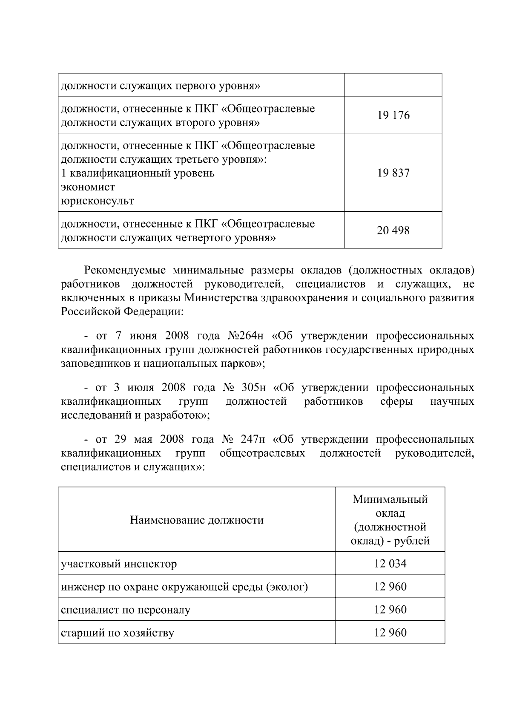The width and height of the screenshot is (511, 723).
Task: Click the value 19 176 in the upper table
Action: coord(393,115)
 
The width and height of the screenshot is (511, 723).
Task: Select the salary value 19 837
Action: coord(393,173)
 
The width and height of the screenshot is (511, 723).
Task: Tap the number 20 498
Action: coord(393,230)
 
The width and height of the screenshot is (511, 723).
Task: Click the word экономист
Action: coord(88,187)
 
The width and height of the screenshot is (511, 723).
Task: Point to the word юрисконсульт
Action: coord(97,201)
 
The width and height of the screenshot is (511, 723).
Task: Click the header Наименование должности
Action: coord(197,520)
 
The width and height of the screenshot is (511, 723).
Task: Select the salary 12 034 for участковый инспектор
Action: coord(390,564)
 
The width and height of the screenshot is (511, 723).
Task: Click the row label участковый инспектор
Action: coord(119,564)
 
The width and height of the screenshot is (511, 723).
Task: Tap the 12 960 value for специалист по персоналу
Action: coord(390,610)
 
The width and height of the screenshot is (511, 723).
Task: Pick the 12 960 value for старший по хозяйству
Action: coord(390,633)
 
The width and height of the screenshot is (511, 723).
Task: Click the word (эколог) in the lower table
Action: coord(287,587)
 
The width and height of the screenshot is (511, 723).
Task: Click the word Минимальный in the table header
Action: coord(390,499)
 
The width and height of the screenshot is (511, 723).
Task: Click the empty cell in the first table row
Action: coord(393,85)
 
